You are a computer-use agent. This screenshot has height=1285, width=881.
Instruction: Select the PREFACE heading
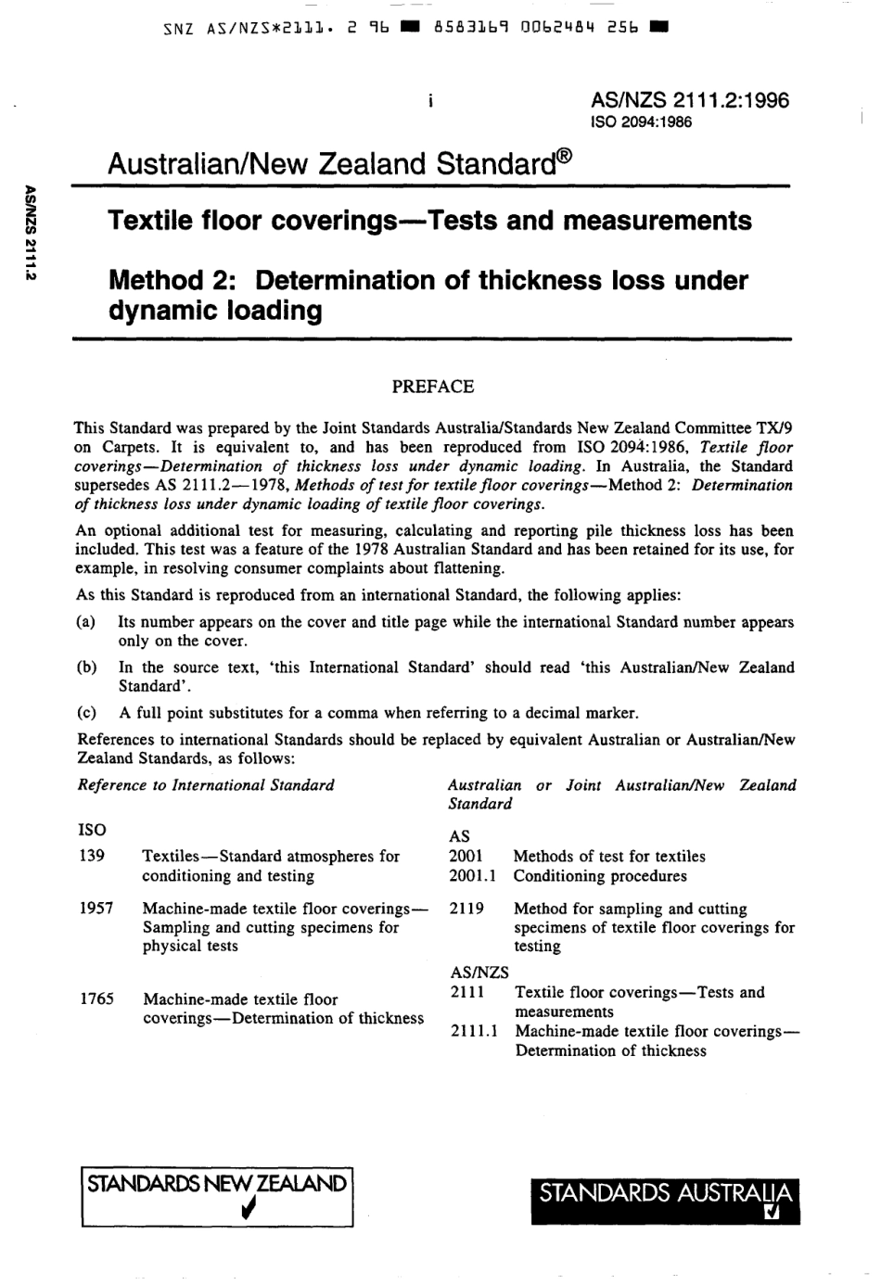[432, 387]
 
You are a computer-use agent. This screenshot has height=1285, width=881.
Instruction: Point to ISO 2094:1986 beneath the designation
[641, 122]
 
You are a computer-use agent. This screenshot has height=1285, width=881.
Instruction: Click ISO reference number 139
[92, 856]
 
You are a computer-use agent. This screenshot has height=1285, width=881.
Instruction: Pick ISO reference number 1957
[96, 909]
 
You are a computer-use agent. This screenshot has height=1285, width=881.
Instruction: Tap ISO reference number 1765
[96, 999]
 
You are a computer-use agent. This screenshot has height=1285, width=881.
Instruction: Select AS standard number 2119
[466, 909]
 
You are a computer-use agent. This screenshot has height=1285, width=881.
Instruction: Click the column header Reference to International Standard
[205, 785]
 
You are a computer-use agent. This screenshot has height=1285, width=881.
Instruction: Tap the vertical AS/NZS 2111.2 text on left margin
[31, 232]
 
